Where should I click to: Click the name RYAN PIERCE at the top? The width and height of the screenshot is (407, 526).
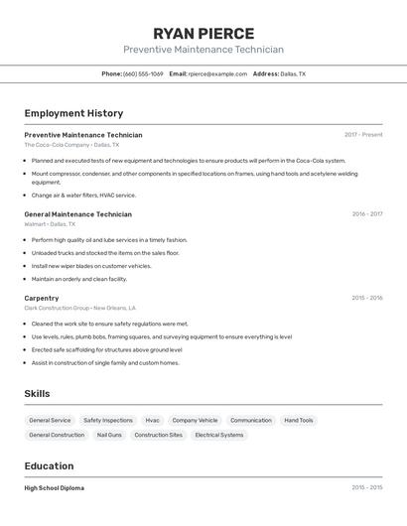pyautogui.click(x=203, y=34)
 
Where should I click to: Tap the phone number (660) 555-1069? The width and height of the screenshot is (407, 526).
pyautogui.click(x=143, y=73)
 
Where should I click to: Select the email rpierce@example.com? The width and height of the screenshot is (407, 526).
pyautogui.click(x=217, y=73)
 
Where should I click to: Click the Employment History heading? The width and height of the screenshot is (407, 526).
pyautogui.click(x=73, y=113)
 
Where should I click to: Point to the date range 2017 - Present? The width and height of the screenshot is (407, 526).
pyautogui.click(x=363, y=135)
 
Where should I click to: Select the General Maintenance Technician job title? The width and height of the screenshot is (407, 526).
pyautogui.click(x=77, y=214)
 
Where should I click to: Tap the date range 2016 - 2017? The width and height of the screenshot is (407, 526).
pyautogui.click(x=366, y=214)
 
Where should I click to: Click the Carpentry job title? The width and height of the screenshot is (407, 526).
pyautogui.click(x=42, y=298)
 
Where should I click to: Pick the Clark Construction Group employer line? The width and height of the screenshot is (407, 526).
pyautogui.click(x=79, y=308)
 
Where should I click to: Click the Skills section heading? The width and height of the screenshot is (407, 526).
pyautogui.click(x=37, y=394)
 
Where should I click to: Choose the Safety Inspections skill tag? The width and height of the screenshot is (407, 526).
pyautogui.click(x=108, y=421)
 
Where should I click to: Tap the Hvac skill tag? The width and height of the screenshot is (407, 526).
pyautogui.click(x=152, y=421)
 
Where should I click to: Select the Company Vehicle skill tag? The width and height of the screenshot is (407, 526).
pyautogui.click(x=195, y=421)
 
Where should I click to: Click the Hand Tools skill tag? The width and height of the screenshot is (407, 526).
pyautogui.click(x=298, y=421)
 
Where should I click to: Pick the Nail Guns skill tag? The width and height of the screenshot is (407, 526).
pyautogui.click(x=109, y=435)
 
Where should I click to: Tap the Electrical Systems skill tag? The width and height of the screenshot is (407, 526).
pyautogui.click(x=219, y=435)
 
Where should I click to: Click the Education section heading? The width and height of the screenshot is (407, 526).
pyautogui.click(x=49, y=466)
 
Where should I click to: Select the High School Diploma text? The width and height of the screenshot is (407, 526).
pyautogui.click(x=55, y=488)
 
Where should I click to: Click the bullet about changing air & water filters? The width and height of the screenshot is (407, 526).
pyautogui.click(x=83, y=196)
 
